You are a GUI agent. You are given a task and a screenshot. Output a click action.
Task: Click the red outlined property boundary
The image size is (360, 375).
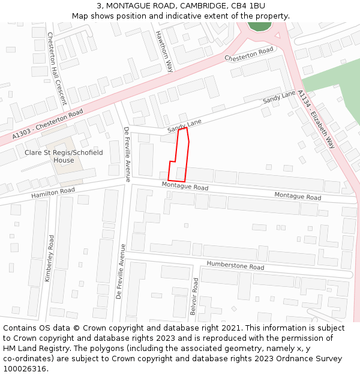click(x=179, y=155)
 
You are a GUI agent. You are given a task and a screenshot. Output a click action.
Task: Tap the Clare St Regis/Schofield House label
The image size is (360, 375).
click(x=64, y=157)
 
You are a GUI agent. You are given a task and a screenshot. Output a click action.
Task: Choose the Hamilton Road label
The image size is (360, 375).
click(x=53, y=193)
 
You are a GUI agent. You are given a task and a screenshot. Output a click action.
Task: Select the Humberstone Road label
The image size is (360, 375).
click(x=235, y=266)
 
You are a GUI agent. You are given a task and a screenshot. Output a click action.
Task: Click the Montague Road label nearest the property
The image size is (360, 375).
click(x=185, y=187)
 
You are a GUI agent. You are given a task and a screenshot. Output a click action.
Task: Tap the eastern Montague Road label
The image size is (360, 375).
click(x=298, y=196)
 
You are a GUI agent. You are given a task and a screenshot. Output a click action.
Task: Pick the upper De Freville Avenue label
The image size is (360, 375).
click(x=127, y=154)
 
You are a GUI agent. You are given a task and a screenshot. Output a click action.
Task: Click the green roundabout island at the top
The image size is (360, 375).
click(x=260, y=26)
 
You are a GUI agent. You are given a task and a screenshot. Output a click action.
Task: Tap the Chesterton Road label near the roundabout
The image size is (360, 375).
click(x=249, y=54)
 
